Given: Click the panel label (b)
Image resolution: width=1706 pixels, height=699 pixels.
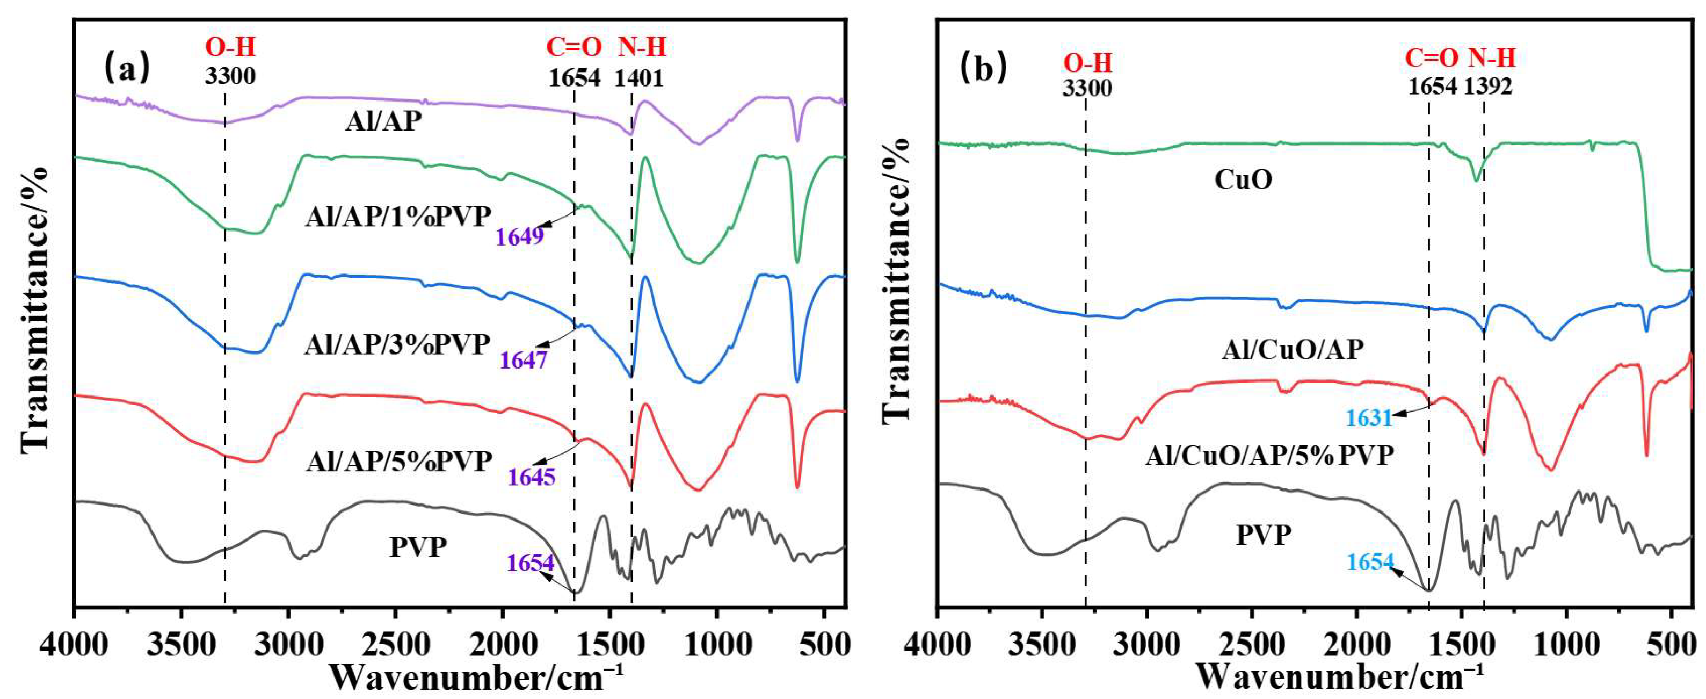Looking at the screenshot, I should pos(984,68).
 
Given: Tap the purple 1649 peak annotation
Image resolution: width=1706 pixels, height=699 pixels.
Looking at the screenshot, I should pos(520,236).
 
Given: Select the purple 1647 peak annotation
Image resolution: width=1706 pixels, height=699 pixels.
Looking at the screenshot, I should pos(523,360).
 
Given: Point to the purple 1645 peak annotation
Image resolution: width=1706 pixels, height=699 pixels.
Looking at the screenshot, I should pos(532,477).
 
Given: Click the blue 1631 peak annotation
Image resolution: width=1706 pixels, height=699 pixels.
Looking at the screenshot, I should pos(1369,418).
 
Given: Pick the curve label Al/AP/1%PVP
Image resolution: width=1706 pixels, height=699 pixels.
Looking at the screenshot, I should pos(398,217).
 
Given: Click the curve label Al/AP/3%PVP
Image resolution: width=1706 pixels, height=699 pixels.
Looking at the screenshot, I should pos(397,344).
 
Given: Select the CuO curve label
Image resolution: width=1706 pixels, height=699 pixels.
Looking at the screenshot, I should pos(1243,179).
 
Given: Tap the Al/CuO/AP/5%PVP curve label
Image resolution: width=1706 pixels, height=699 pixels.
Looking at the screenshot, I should pos(1269,455).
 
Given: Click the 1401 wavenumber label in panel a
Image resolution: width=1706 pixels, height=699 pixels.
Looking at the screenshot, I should pos(638,78).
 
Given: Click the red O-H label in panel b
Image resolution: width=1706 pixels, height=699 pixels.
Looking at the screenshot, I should pos(1087,63).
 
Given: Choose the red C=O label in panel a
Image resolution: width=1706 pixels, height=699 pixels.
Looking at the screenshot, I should pos(573,47).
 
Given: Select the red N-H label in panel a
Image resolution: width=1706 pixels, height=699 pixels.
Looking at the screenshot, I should pos(642,47).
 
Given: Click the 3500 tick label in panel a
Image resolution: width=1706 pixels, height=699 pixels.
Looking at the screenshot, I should pos(181,644).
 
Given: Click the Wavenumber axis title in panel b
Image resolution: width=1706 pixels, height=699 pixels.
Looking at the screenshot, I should pos(1340,676).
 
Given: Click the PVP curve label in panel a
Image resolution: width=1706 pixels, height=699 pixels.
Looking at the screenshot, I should pos(418,547).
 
